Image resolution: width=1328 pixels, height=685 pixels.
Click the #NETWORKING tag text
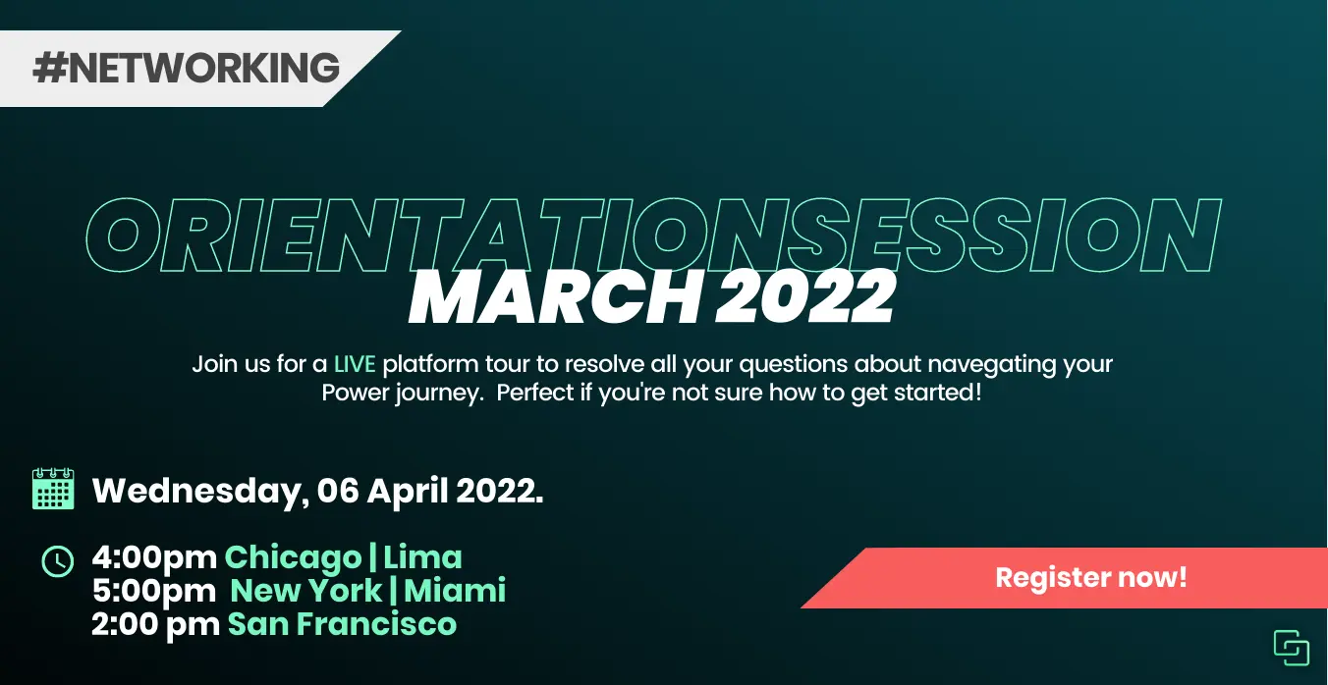pos(187,68)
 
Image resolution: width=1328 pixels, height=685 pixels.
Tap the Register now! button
pos(1091,578)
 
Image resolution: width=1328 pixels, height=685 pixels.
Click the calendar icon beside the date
pos(53,489)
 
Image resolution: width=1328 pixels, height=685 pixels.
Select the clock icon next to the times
pos(58,561)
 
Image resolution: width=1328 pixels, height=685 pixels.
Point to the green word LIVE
pos(355,364)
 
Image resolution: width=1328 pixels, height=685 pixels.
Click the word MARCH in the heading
pos(555,296)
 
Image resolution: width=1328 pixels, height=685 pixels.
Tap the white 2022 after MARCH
pos(805,296)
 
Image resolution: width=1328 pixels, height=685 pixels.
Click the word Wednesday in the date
pos(200,492)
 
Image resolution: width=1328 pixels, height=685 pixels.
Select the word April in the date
pos(408,492)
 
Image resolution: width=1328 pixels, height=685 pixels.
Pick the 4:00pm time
pos(155,557)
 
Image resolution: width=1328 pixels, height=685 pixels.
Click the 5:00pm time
pos(154,591)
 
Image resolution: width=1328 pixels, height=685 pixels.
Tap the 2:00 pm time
pos(155,624)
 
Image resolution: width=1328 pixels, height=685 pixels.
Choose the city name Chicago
pos(293,558)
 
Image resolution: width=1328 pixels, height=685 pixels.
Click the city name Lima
pos(422,557)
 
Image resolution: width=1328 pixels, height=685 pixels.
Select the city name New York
pos(305,591)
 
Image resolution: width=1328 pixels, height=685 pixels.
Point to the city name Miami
pos(455,591)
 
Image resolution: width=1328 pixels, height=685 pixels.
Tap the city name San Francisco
pos(342,624)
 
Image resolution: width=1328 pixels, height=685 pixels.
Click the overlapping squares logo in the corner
pos(1292,648)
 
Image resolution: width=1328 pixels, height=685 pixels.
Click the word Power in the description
pos(356,393)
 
